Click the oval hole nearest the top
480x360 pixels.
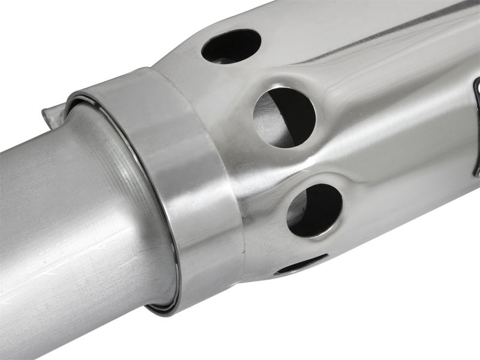(231, 46)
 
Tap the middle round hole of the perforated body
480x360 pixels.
(284, 117)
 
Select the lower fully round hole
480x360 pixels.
(314, 210)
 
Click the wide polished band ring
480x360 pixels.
(192, 180)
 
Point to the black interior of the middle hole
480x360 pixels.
(297, 114)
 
